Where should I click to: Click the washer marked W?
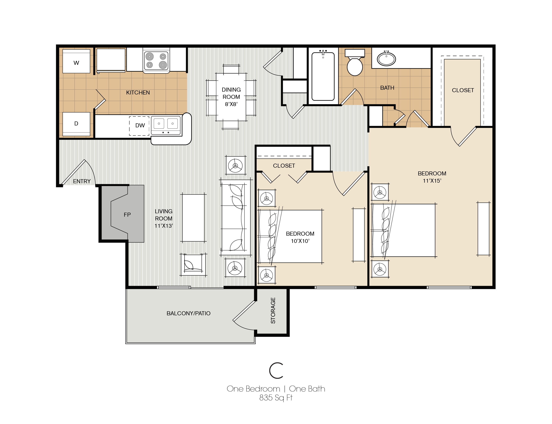(76, 61)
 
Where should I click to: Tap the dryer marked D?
(76, 124)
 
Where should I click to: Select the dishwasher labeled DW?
(139, 126)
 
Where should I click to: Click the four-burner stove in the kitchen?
(156, 60)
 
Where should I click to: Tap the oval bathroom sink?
(386, 59)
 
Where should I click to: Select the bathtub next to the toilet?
(323, 76)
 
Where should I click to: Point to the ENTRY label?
(82, 181)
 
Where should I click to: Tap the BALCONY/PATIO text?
(188, 313)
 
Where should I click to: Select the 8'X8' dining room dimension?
(231, 104)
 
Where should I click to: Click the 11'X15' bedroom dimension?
(432, 181)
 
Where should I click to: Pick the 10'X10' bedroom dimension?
(300, 241)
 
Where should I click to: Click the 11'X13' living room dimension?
(164, 226)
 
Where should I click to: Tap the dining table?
(231, 97)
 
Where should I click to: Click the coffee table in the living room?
(193, 218)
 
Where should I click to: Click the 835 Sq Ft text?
(276, 398)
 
